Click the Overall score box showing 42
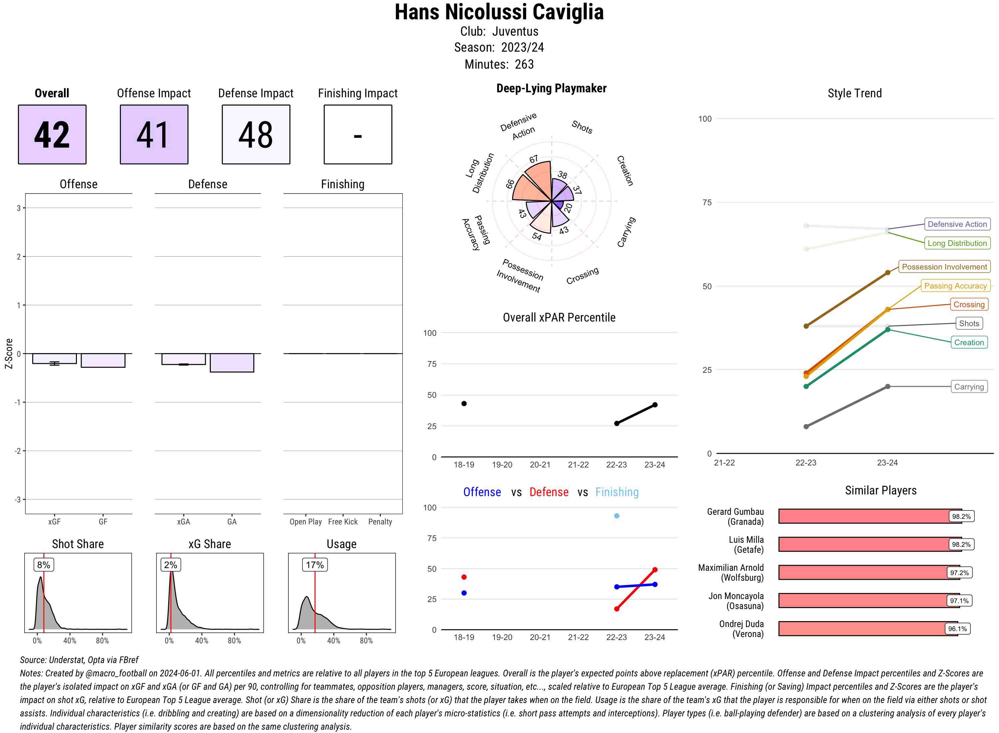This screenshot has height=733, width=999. [x=52, y=135]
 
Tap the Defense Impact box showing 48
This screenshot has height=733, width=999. [x=256, y=135]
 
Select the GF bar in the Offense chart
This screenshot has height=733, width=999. [x=103, y=360]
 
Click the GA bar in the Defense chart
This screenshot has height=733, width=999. [x=232, y=363]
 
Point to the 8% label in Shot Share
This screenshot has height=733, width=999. [x=43, y=565]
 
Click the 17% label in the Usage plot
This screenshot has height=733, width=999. [x=314, y=565]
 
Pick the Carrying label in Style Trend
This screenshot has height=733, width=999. [x=969, y=386]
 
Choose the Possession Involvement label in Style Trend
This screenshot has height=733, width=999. [x=944, y=267]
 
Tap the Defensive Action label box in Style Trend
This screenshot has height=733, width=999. [x=957, y=224]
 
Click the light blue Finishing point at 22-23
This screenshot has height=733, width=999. [x=616, y=515]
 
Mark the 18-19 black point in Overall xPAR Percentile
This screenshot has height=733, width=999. [x=464, y=403]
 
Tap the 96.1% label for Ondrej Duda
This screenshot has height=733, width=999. [x=957, y=629]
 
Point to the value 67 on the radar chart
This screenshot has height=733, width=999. [x=533, y=159]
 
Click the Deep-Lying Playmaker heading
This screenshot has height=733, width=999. [x=551, y=88]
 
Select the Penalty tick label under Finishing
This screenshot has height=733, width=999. [x=380, y=522]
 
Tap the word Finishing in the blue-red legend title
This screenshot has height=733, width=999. [x=617, y=492]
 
